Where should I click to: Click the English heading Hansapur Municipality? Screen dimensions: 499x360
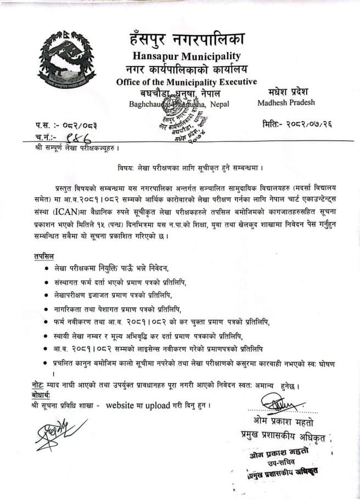pos(187,56)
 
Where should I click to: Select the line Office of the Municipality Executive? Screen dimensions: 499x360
pos(187,82)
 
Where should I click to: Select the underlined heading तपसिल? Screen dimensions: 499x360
pos(44,256)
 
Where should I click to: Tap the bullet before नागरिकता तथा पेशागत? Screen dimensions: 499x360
pos(46,309)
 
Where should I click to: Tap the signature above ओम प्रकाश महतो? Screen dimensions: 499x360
pos(284,408)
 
